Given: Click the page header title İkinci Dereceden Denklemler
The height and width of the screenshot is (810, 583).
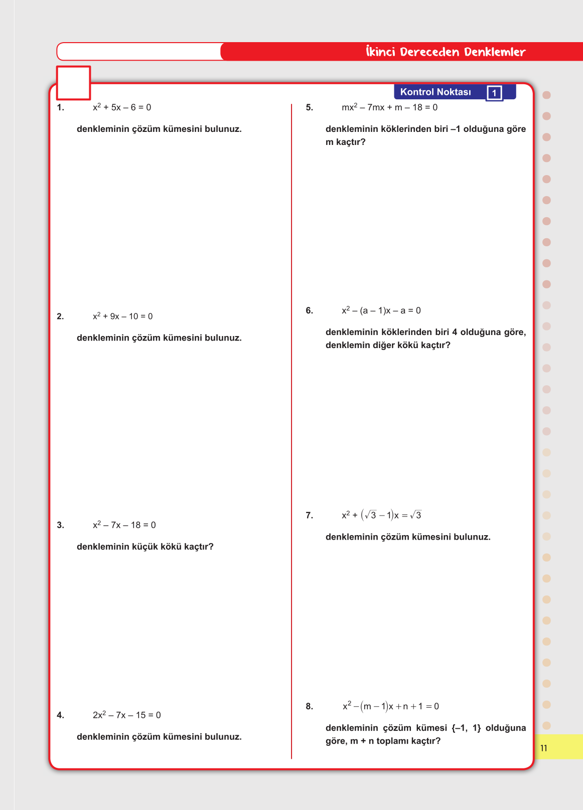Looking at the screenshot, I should [x=446, y=52].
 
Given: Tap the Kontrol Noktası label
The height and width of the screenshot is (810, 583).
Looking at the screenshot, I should [x=435, y=92].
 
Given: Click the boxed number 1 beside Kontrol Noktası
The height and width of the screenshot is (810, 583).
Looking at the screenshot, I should [x=494, y=93].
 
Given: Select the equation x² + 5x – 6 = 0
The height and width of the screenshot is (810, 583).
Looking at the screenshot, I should [x=122, y=107].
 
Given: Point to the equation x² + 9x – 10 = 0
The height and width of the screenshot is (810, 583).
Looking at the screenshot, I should [x=122, y=316].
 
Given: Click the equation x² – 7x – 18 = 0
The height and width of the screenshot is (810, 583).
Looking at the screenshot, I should [x=124, y=525].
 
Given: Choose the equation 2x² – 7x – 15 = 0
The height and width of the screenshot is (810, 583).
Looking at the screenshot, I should [x=126, y=715].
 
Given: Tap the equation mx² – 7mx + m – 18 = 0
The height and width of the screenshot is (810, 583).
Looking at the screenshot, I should [x=389, y=107].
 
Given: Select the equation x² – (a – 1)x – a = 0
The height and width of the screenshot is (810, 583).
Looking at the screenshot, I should [x=381, y=310].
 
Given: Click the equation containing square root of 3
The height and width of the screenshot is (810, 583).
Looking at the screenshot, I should [x=381, y=515].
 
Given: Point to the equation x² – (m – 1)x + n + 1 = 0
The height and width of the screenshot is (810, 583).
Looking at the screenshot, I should [x=390, y=706].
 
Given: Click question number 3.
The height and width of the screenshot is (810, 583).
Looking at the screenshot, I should [x=60, y=525].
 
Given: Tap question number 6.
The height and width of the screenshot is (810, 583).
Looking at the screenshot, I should [x=309, y=310].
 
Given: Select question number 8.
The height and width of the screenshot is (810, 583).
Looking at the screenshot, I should [x=309, y=706].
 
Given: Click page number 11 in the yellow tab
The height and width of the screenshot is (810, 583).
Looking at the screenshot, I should [x=544, y=748].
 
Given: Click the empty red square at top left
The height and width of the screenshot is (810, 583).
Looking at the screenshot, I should [x=73, y=83].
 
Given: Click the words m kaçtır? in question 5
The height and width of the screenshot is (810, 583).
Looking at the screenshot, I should [x=346, y=142].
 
